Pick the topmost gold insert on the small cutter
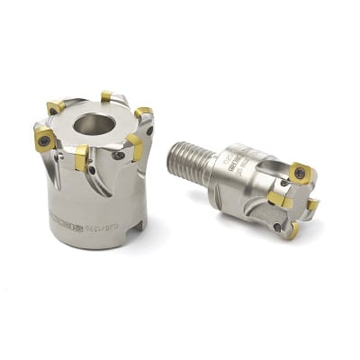point(300,170)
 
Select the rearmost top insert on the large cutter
point(106,95)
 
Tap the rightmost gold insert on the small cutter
point(311,206)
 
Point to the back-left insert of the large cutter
point(56,108)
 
